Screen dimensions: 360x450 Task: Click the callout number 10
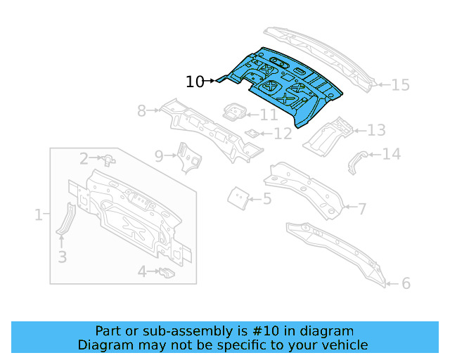pos(195,82)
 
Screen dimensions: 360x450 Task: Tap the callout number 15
pos(399,85)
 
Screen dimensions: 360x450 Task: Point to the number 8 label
pos(141,110)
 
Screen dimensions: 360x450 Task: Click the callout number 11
pos(269,115)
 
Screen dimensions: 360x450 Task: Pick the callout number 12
pos(282,133)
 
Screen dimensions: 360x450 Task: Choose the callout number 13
pos(376,130)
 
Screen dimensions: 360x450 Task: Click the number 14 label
pos(391,154)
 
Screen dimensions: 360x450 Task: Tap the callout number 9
pos(159,155)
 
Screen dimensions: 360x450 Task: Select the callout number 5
pos(267,199)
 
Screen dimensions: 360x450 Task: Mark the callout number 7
pos(362,208)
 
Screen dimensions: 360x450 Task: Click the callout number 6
pos(406,283)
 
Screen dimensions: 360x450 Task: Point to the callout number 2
pos(84,159)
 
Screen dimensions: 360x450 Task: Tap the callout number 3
pos(62,257)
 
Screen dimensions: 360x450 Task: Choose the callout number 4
pos(141,271)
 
